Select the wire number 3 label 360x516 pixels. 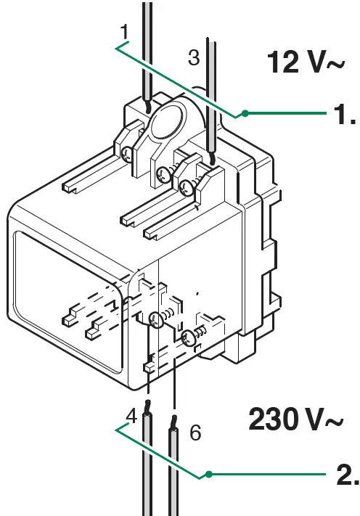tap(193, 58)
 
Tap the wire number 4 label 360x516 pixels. tap(131, 416)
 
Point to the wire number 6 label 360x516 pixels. tap(195, 433)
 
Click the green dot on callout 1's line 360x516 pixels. tap(246, 113)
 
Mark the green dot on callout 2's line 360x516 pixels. tap(208, 475)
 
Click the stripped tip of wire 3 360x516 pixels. tap(210, 157)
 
